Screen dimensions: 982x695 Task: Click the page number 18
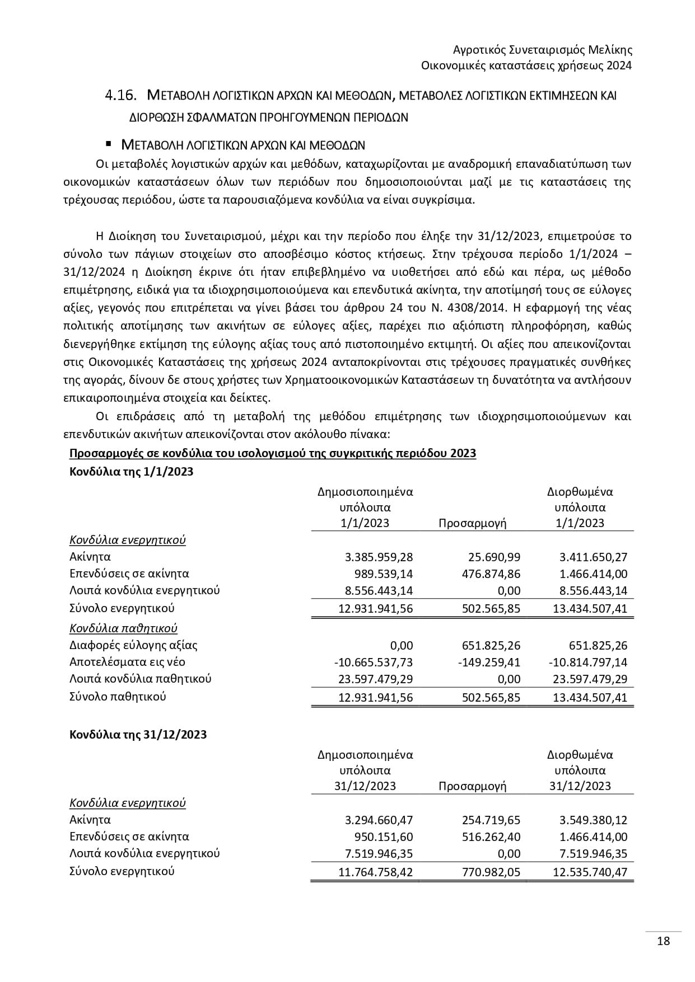[x=663, y=941]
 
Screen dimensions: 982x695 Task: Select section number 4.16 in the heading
[x=121, y=96]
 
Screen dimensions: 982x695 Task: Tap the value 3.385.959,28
[x=379, y=557]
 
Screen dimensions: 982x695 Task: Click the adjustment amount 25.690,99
[x=494, y=557]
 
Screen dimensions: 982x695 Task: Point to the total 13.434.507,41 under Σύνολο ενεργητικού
[x=590, y=608]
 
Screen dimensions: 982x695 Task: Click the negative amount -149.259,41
[x=489, y=662]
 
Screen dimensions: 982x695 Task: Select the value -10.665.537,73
[x=373, y=662]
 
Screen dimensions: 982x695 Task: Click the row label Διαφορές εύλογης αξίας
[x=133, y=645]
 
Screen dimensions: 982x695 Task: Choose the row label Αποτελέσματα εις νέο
[x=127, y=662]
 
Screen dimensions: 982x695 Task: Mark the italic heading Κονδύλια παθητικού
[x=123, y=628]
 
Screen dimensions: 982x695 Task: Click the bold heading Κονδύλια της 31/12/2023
[x=138, y=734]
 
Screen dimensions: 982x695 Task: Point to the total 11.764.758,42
[x=376, y=872]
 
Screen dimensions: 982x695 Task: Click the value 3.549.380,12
[x=593, y=820]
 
